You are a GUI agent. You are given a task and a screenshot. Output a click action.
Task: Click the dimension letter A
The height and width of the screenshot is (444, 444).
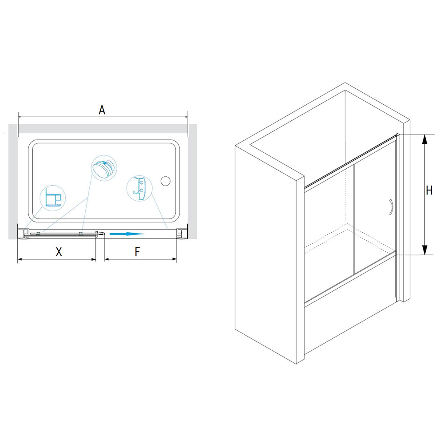102,110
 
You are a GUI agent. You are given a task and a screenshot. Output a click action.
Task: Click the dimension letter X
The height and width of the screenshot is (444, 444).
59,251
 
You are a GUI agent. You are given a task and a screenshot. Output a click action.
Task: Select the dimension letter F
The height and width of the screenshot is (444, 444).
137,251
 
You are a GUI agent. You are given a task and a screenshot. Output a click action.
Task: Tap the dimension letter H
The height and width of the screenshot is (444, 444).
429,190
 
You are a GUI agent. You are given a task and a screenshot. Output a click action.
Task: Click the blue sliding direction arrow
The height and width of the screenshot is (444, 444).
127,234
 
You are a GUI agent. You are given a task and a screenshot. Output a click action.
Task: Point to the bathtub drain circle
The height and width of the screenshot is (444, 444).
165,181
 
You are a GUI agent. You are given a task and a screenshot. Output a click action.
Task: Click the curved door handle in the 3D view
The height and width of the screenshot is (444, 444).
391,207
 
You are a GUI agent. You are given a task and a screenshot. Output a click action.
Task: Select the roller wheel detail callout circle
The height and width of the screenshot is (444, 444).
104,168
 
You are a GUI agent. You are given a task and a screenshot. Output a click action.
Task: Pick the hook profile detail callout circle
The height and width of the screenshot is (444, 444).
139,188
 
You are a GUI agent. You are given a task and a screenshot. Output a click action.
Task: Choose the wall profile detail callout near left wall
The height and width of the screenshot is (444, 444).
53,198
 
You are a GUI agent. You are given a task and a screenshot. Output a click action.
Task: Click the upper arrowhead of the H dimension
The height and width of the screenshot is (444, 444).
424,140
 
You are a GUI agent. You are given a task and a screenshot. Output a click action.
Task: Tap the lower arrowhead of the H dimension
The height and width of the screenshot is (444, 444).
424,250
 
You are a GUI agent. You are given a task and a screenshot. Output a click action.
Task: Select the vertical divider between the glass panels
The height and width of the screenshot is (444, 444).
353,220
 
